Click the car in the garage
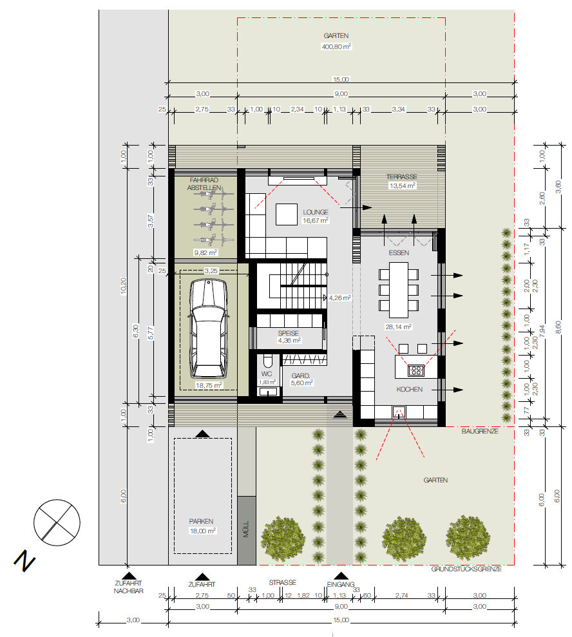208,328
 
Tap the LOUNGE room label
315,212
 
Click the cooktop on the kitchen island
415,370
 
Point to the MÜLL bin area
247,530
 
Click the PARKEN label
201,521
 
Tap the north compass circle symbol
57,522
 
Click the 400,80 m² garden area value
336,47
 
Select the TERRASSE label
402,176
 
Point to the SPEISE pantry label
289,333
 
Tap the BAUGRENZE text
480,431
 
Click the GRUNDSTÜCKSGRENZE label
466,569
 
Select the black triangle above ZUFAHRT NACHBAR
129,575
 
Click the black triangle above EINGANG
341,576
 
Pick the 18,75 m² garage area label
209,385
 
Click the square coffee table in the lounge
287,214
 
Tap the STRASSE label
282,582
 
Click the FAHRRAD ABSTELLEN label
204,184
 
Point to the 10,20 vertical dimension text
124,285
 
